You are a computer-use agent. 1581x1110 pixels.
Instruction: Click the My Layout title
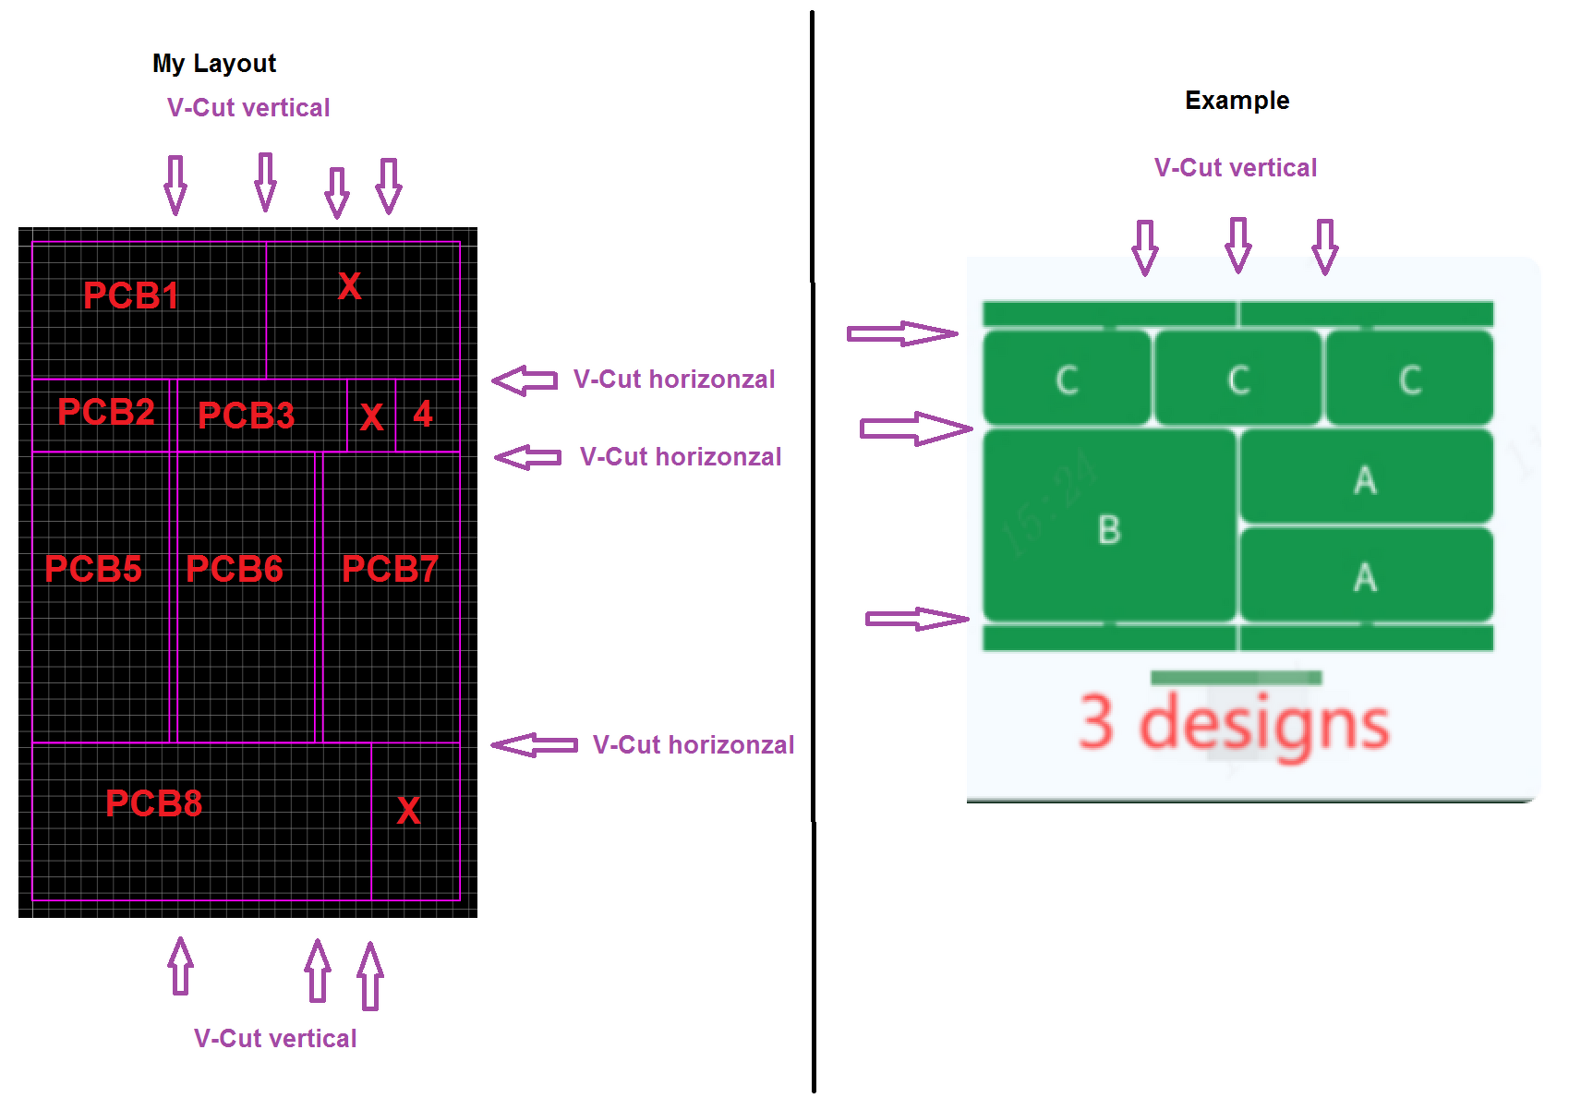(x=214, y=64)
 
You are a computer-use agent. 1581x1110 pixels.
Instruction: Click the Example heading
(x=1237, y=101)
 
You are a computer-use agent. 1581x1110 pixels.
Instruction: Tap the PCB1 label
(x=130, y=296)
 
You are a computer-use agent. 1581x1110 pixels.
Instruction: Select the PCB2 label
(x=106, y=411)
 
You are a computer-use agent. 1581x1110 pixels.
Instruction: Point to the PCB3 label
(x=246, y=415)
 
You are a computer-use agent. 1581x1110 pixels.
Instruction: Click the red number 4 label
(x=422, y=414)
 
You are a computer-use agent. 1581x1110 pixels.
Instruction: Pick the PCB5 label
(x=93, y=569)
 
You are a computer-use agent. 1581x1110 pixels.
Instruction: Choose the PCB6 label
(x=235, y=569)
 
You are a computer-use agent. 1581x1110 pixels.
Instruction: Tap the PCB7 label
(x=390, y=569)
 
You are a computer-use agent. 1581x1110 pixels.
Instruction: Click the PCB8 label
(x=154, y=803)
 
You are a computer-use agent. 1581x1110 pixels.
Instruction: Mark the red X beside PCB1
(x=349, y=286)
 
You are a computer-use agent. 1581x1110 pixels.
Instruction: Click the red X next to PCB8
(x=408, y=810)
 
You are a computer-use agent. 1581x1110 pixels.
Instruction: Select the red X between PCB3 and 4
(x=371, y=417)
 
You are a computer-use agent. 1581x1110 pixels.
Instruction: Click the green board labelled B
(x=1109, y=525)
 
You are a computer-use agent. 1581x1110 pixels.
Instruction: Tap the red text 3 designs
(x=1235, y=724)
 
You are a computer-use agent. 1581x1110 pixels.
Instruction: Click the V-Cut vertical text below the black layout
(x=275, y=1039)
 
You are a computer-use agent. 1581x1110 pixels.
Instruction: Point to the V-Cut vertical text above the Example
(x=1236, y=168)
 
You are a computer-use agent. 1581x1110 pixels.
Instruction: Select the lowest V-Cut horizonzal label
(x=694, y=745)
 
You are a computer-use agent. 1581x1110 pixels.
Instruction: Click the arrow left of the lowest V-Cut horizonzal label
(x=535, y=745)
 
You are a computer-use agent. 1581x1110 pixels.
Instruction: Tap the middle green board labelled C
(x=1238, y=379)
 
